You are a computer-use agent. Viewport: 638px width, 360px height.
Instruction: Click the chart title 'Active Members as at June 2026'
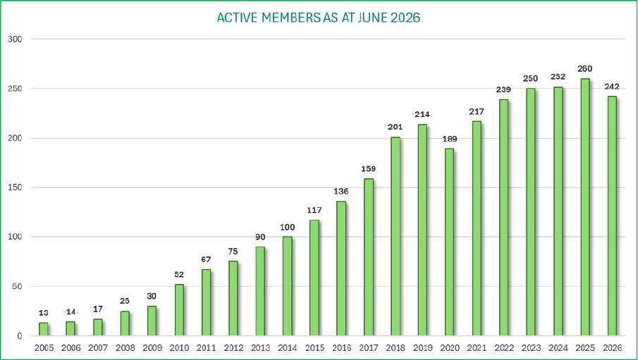pos(318,18)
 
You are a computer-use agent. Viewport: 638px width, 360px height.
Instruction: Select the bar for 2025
pos(585,207)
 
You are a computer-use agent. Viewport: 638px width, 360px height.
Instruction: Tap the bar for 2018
pos(395,236)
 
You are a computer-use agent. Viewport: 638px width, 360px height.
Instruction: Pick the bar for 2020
pos(449,242)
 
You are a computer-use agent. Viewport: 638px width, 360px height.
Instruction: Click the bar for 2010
pos(179,310)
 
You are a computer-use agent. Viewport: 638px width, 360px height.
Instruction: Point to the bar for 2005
pos(43,329)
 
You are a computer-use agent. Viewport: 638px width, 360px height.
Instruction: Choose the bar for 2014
pos(287,286)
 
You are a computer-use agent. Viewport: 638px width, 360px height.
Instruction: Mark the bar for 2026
pos(612,216)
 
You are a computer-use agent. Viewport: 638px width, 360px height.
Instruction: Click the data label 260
pos(584,69)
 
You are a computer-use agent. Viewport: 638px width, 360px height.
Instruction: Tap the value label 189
pos(450,139)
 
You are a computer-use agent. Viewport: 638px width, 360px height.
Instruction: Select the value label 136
pos(341,191)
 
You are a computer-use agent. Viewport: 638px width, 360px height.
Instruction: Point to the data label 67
pos(206,259)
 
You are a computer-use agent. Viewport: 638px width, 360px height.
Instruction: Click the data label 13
pos(43,313)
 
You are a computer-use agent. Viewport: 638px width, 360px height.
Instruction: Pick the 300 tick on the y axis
pos(15,39)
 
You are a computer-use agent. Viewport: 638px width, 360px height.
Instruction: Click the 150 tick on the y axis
pos(15,187)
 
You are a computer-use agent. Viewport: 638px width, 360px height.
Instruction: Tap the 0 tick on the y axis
pos(19,336)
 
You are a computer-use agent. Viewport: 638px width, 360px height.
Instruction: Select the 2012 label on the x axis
pos(233,348)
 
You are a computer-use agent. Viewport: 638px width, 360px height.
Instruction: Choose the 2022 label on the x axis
pos(504,348)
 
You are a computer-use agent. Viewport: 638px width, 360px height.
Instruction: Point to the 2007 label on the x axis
pos(98,348)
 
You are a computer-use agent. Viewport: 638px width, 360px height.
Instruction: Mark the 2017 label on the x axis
pos(368,348)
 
